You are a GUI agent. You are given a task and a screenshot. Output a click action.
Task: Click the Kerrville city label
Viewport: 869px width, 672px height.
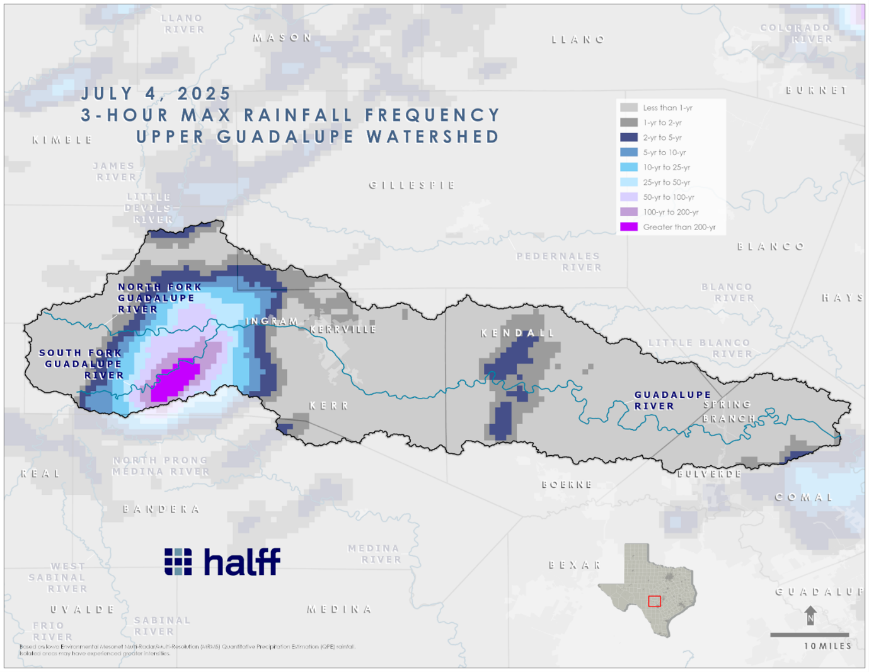343,329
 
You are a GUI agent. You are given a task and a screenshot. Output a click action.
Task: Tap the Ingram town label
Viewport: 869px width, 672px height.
272,321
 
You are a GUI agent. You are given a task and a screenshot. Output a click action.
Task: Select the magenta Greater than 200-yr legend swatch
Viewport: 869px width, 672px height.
628,227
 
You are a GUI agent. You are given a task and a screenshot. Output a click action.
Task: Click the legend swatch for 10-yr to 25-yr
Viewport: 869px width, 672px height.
628,167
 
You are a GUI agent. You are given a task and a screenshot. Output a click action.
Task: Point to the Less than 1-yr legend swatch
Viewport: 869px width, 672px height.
628,108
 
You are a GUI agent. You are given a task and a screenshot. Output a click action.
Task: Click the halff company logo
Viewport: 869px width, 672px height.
222,561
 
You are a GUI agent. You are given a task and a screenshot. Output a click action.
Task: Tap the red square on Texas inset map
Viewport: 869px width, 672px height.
655,601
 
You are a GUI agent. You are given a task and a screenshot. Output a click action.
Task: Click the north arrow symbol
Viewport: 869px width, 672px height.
810,615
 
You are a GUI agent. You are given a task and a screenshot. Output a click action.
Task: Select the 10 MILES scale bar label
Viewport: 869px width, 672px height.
827,646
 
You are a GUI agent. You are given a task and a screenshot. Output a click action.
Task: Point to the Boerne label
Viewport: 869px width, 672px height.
567,485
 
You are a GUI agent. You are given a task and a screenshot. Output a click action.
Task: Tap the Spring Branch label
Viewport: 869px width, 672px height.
728,411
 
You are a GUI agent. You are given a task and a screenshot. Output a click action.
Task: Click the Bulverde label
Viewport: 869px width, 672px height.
710,473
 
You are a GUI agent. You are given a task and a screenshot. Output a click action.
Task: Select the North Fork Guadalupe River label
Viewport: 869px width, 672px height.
159,298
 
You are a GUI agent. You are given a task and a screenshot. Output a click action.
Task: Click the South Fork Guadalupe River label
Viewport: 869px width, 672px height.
82,364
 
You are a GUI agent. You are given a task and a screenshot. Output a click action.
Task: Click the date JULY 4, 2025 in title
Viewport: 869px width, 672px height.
156,94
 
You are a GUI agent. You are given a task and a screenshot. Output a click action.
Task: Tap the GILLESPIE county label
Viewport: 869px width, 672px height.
412,185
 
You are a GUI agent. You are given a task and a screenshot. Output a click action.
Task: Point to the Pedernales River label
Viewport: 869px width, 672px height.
558,262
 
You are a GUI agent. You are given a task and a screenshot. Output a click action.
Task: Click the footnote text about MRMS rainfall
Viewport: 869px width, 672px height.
187,649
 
